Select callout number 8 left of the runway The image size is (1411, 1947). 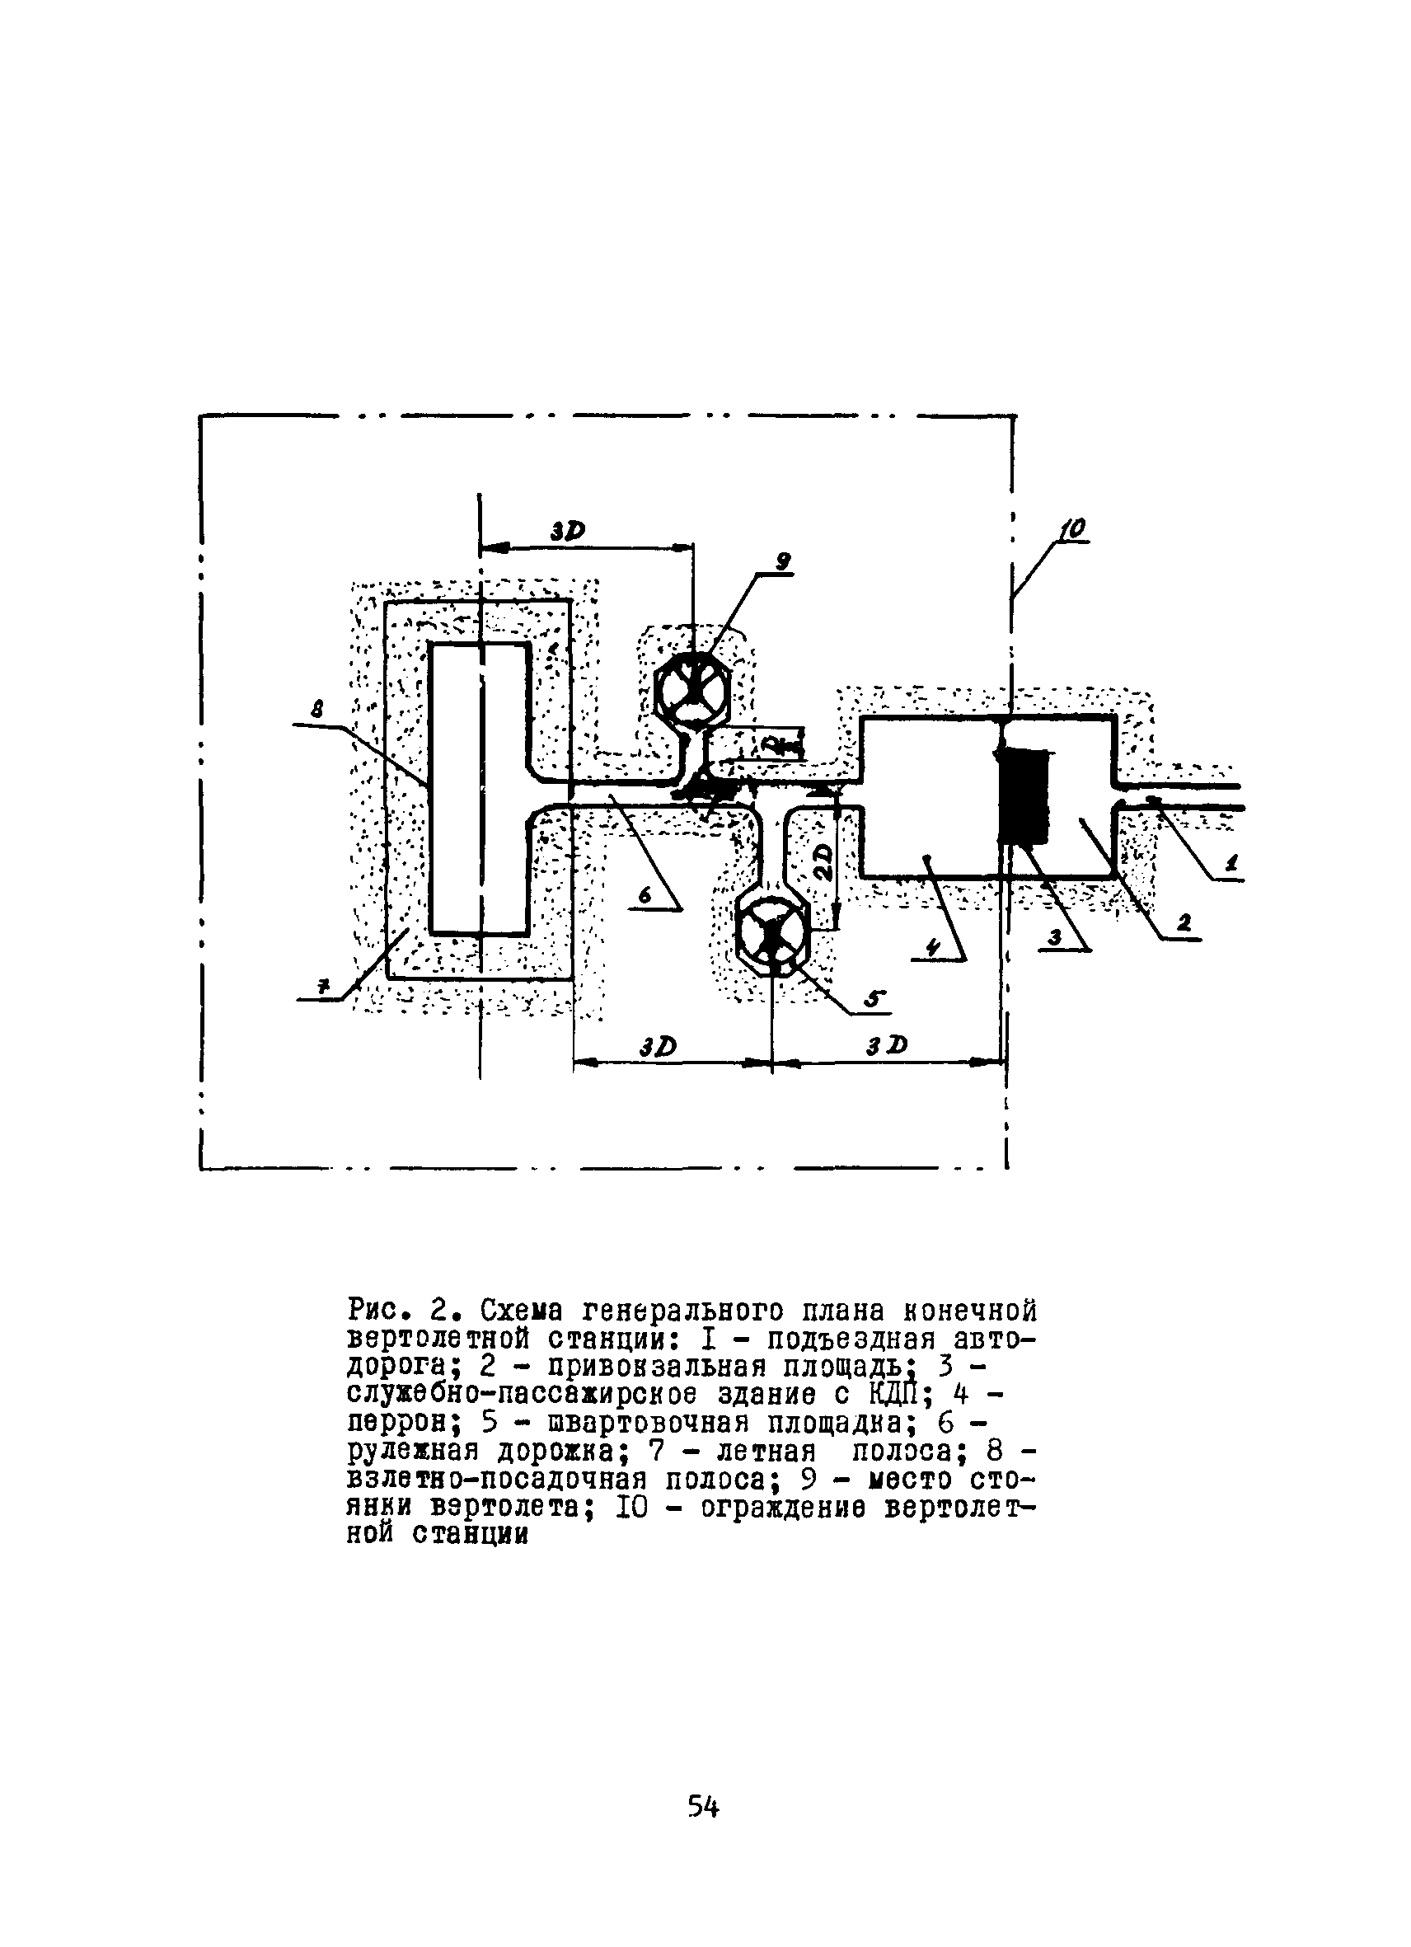click(317, 709)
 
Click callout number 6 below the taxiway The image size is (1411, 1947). click(645, 895)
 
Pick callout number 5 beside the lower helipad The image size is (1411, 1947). click(874, 998)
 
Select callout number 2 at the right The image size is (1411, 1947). click(1184, 924)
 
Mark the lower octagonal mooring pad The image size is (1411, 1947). click(773, 934)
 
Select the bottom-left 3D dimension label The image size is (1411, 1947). click(659, 1047)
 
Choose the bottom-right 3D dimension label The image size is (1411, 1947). click(887, 1044)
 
